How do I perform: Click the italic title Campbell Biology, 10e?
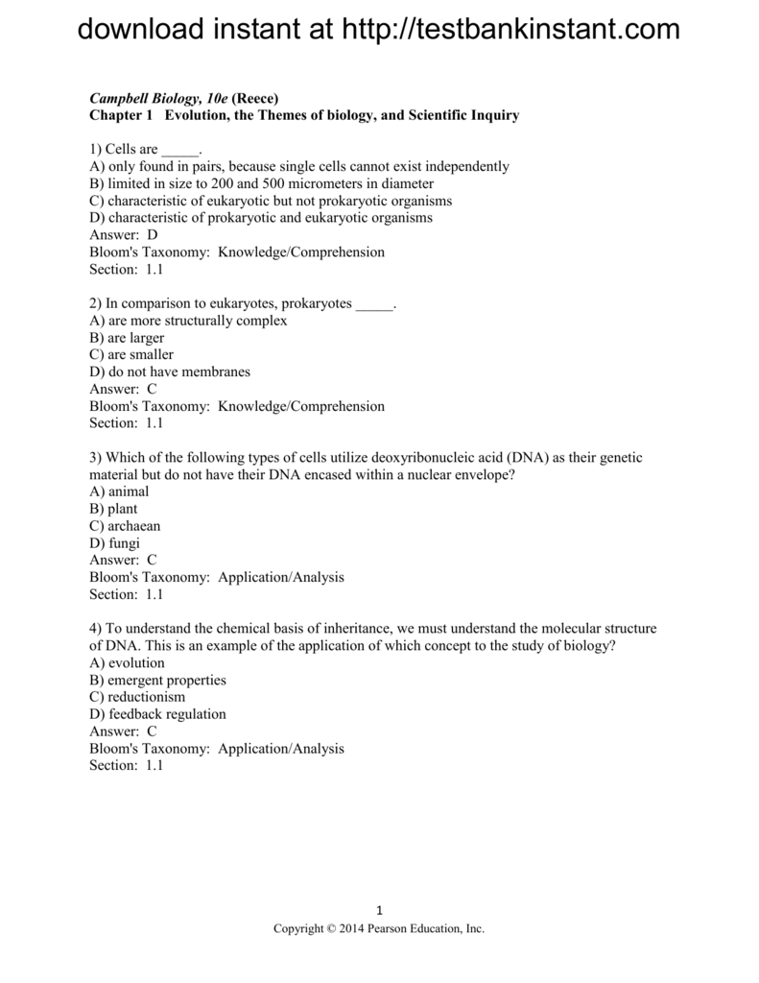[x=153, y=98]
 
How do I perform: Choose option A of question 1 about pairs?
[x=298, y=166]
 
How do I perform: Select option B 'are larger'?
[x=127, y=338]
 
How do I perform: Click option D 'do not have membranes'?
[x=169, y=372]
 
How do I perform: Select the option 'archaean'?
[x=125, y=526]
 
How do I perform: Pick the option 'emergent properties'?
[x=157, y=680]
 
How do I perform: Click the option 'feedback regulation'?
[x=157, y=714]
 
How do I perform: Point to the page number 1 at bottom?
[x=380, y=911]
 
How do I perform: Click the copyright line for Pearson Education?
[x=379, y=929]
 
